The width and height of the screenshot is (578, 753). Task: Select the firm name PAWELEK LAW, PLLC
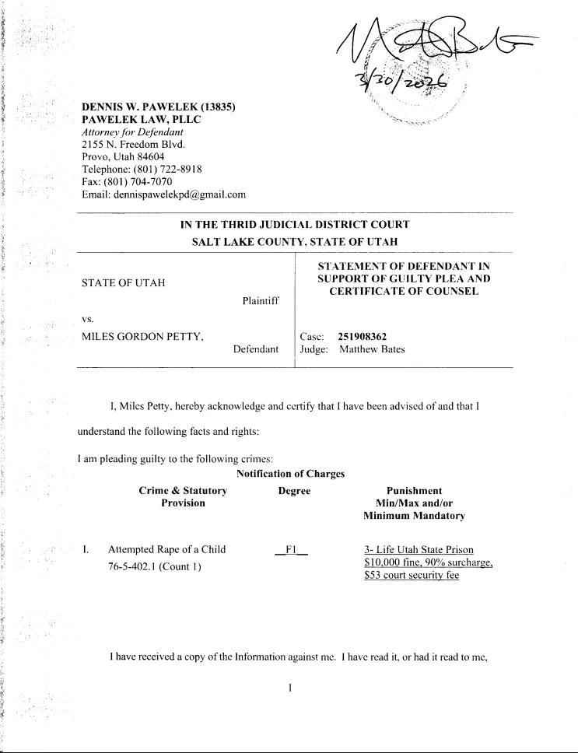[x=141, y=119]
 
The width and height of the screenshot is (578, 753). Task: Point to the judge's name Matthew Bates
[x=372, y=349]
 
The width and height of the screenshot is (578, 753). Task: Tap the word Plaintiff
[x=260, y=300]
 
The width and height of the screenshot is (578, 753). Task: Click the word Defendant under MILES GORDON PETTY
[x=256, y=349]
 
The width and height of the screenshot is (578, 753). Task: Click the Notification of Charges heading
[x=290, y=474]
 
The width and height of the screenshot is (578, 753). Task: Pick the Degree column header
[x=294, y=491]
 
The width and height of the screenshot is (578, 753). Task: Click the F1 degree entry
[x=292, y=550]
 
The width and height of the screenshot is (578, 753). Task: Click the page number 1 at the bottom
[x=289, y=688]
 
